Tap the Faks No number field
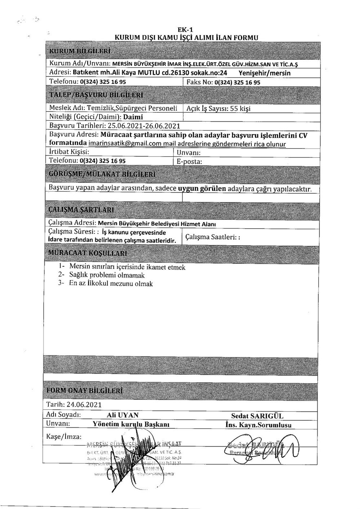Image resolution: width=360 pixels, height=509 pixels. click(x=237, y=82)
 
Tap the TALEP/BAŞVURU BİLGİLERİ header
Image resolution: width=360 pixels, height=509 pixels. click(x=95, y=95)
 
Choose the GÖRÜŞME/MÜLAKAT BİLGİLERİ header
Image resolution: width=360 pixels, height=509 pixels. click(x=102, y=174)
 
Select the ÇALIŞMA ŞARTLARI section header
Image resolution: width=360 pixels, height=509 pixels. click(x=81, y=210)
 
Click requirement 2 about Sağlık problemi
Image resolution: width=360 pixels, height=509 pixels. click(x=107, y=275)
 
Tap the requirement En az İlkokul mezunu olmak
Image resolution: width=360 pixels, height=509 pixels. click(x=111, y=284)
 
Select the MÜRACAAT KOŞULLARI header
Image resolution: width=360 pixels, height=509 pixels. click(x=87, y=253)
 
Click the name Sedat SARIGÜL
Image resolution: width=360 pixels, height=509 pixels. click(x=257, y=416)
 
